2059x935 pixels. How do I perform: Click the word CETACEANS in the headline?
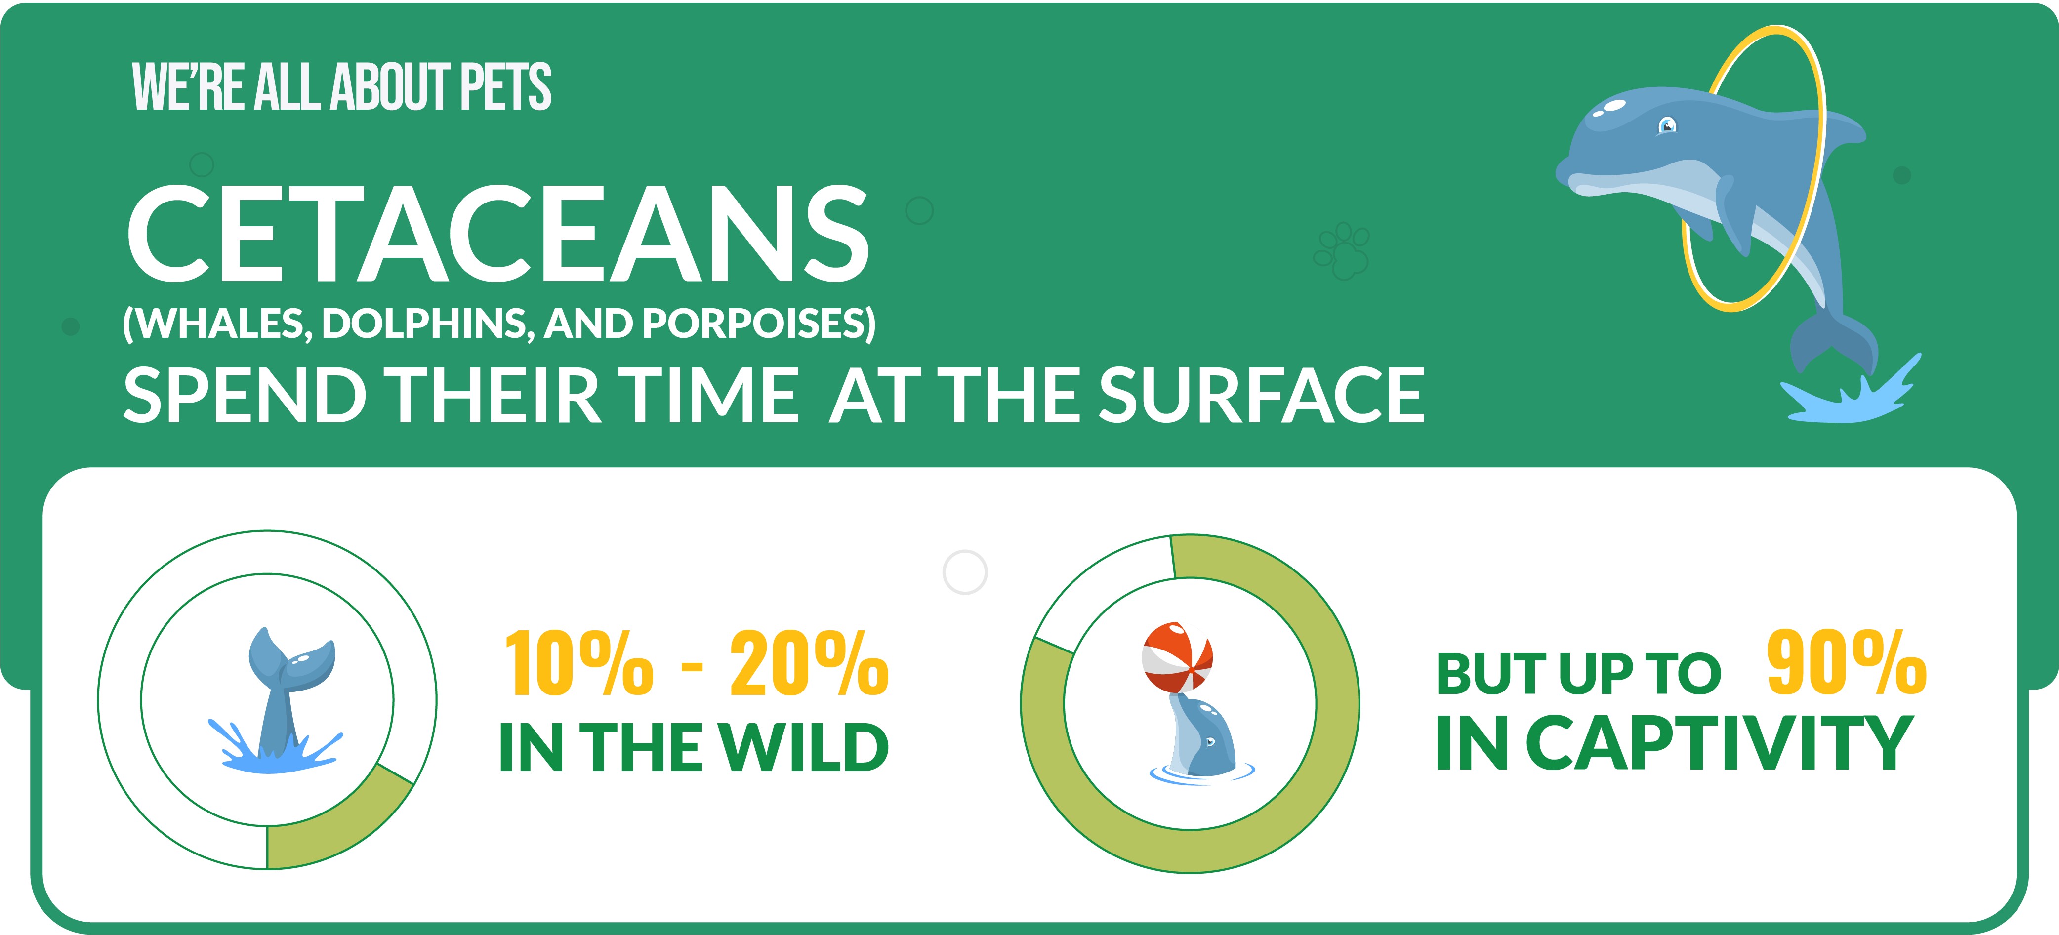pos(497,233)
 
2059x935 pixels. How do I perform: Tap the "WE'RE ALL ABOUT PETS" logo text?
pos(341,86)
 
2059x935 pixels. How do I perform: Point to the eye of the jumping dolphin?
pos(1667,124)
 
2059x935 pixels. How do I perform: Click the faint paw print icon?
pos(1341,250)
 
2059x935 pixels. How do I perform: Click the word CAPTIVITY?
pos(1719,743)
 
